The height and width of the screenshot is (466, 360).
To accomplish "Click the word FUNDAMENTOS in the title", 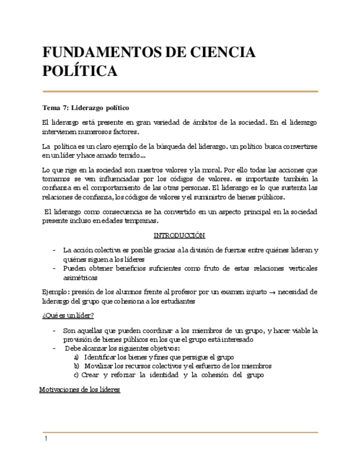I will tap(97, 53).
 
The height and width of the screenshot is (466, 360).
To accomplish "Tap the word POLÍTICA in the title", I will tap(80, 71).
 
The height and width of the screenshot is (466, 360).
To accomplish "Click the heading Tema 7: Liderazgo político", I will tap(86, 107).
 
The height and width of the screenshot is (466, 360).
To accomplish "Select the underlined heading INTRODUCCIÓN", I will tap(179, 235).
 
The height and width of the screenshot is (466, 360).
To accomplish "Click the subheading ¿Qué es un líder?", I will tap(68, 315).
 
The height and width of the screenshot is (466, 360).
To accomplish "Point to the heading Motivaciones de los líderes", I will tap(80, 390).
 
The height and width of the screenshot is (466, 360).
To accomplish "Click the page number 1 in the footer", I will tap(46, 439).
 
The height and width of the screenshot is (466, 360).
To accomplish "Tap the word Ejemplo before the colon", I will tap(55, 292).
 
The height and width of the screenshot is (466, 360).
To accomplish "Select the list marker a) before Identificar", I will tap(76, 357).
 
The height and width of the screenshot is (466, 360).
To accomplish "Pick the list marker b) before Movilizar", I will tap(76, 366).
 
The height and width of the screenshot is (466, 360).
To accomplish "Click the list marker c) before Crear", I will tap(76, 375).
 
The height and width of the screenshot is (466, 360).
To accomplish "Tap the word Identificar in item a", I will tap(102, 357).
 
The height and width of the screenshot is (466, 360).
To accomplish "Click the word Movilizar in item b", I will tap(100, 366).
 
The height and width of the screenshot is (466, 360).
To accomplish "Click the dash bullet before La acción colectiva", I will tap(54, 249).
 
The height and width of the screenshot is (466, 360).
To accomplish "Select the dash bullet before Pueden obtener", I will tap(54, 268).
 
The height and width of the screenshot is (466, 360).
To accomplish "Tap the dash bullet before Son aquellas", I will tap(54, 330).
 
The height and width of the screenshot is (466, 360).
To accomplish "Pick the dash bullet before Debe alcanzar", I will tap(54, 348).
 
